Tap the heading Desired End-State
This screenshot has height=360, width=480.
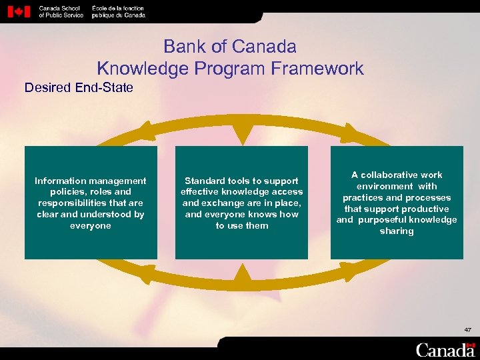coord(79,87)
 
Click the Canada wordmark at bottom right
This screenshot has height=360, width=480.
coord(445,349)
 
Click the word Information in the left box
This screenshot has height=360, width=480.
coord(61,181)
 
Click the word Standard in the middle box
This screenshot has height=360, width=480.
coord(205,181)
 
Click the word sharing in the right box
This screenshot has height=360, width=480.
coord(397,231)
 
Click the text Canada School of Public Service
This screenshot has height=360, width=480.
coord(61,11)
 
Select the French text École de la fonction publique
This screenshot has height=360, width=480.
coord(118,11)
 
